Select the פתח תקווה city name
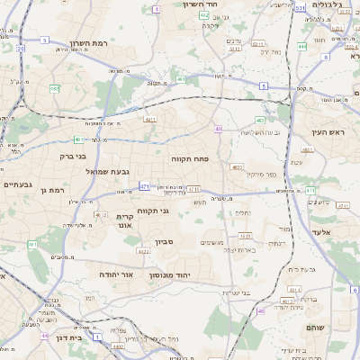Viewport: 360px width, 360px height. (x=190, y=157)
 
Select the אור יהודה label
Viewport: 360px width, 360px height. (x=115, y=274)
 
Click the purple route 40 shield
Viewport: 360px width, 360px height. (x=218, y=130)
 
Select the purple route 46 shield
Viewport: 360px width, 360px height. (x=261, y=310)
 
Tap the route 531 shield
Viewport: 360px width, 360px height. (x=300, y=8)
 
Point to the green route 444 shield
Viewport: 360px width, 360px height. (x=302, y=46)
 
